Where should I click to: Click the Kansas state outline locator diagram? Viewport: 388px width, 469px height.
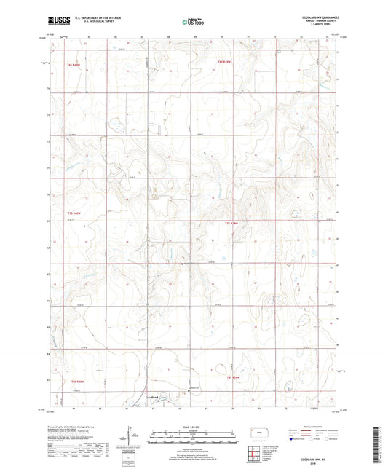(x=259, y=433)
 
